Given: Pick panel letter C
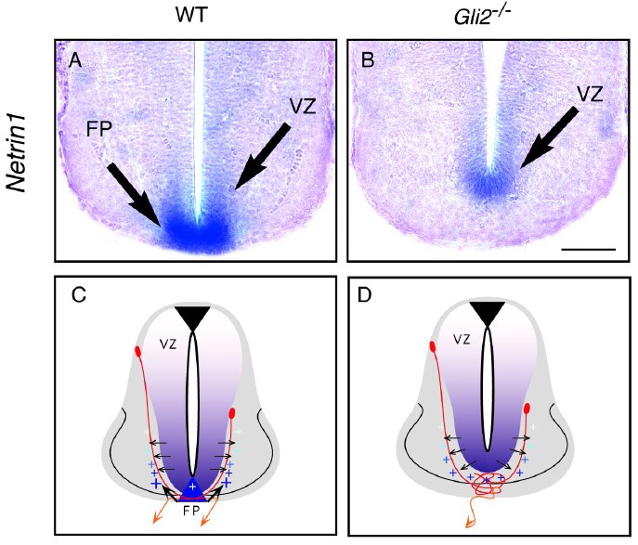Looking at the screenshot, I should tap(79, 297).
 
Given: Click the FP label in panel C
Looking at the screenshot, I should tap(192, 510).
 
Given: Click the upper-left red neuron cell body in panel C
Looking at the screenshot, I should tap(138, 352).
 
